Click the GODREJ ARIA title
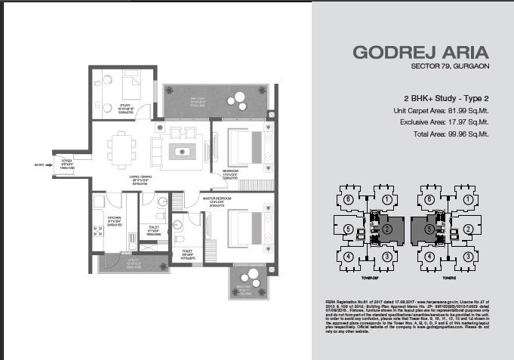point(421,54)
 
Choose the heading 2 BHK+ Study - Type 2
point(448,99)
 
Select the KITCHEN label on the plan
point(103,221)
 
